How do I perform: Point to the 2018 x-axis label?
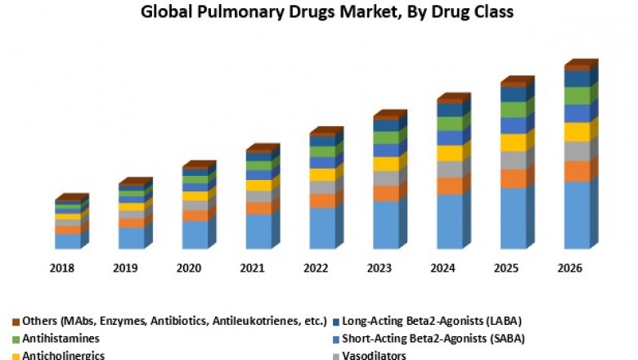tap(62, 268)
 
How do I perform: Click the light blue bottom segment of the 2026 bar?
tap(577, 214)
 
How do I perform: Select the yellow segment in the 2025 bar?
tap(513, 142)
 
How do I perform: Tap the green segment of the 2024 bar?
tap(449, 124)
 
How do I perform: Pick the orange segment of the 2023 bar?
tap(385, 193)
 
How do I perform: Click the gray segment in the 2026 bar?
tap(577, 151)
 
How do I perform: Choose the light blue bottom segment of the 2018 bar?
tap(68, 241)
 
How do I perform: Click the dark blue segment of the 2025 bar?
tap(513, 94)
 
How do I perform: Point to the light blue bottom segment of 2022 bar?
tap(321, 227)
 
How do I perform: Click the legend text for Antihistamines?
tap(61, 338)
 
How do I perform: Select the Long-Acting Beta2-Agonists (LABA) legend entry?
tap(431, 320)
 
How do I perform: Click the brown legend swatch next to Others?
tap(16, 321)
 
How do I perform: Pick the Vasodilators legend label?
tap(375, 355)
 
